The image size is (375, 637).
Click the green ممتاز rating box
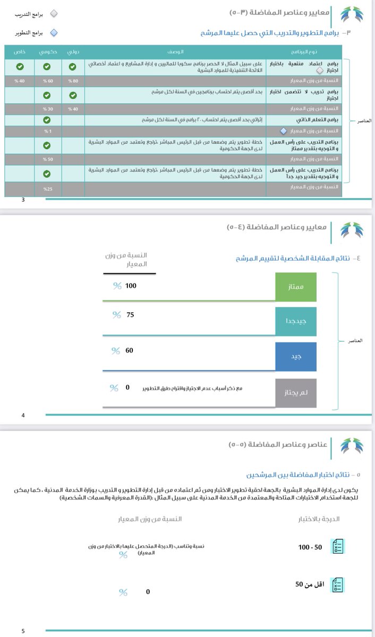[x=296, y=287]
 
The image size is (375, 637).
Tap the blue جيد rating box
[x=296, y=356]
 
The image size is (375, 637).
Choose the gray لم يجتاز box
[x=296, y=393]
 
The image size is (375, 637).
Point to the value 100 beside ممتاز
[x=131, y=286]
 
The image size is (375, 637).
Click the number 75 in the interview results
[x=131, y=315]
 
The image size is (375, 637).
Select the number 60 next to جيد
[x=130, y=350]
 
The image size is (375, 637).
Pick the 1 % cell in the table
[x=47, y=131]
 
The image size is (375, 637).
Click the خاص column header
[x=19, y=53]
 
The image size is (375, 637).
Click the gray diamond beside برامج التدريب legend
[x=54, y=14]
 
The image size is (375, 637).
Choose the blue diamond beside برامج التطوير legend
[x=54, y=33]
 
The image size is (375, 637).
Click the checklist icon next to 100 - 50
[x=337, y=546]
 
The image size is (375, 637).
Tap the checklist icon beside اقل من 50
[x=337, y=584]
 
